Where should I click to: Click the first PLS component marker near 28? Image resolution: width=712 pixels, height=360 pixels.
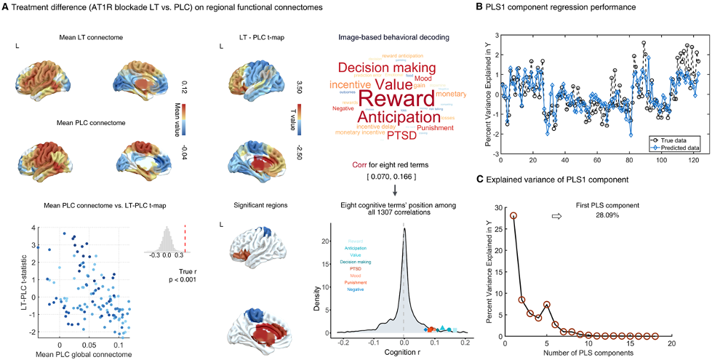pos(513,215)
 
